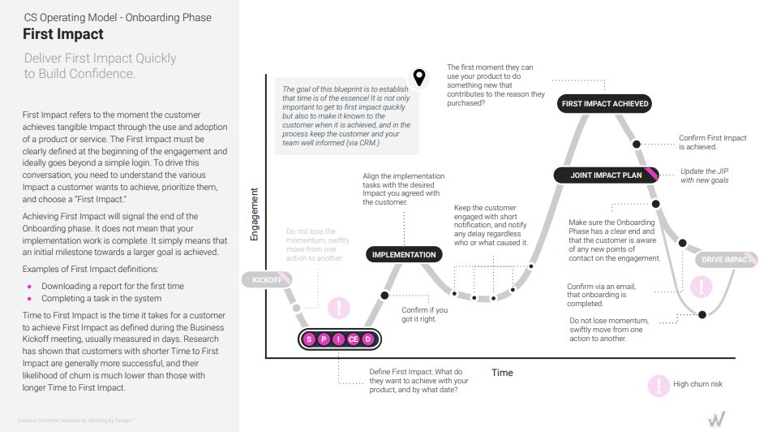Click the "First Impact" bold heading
63,34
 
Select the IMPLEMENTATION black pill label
404,255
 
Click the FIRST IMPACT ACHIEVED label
605,104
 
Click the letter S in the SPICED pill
309,339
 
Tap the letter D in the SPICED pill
369,339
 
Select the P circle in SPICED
324,339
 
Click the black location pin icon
418,77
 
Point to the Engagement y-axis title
255,214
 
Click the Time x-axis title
502,373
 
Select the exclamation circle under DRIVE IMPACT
701,286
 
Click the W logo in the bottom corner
717,418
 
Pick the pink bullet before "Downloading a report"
30,287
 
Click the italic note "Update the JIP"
704,171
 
